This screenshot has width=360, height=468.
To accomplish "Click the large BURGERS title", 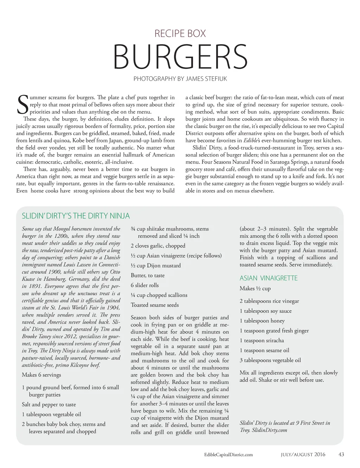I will pos(180,57).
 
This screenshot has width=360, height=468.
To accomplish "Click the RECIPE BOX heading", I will pos(180,34).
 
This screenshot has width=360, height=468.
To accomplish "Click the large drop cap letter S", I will pos(22,104).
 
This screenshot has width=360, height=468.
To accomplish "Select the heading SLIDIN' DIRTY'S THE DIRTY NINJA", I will pos(76,216).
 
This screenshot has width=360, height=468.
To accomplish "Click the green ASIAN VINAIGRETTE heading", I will pos(269,278).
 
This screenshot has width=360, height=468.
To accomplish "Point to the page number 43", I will pos(341,454).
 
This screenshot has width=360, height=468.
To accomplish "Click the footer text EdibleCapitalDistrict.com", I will pos(229,455).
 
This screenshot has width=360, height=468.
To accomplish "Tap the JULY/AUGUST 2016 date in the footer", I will pos(303,455).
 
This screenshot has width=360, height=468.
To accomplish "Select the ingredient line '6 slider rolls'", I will pos(144,285).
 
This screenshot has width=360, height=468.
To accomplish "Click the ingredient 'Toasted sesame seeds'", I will pos(155,305).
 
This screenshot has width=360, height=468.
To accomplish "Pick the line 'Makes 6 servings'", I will pos(41,375).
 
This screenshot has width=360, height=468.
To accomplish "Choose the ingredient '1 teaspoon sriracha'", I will pos(262,341).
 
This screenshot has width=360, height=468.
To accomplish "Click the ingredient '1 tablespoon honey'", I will pos(262,321).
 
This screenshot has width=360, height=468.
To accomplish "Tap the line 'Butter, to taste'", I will pos(148,276).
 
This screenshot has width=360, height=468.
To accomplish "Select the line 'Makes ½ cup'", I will pos(255,289).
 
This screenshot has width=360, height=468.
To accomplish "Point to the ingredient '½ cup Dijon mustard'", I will pos(156,266).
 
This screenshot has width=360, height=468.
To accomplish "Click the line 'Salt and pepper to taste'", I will pos(49,405).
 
